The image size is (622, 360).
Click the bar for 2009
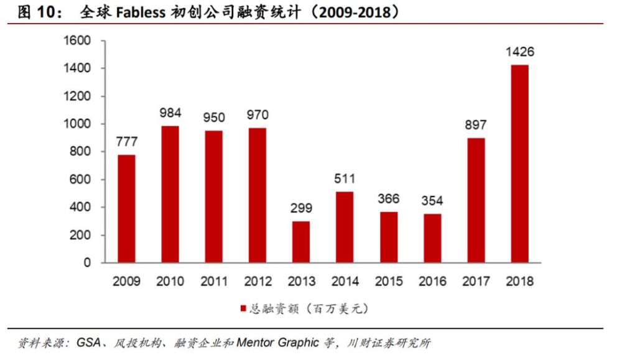coord(127,208)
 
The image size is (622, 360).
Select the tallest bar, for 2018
coord(519,164)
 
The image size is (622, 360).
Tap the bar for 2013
coord(301,242)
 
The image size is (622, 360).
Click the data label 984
coord(170,113)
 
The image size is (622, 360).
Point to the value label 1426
coord(519,52)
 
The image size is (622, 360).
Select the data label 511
coord(345,179)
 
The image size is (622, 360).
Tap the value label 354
coord(432,201)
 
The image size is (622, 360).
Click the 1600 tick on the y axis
coord(78,41)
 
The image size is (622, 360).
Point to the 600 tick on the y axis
coord(81,180)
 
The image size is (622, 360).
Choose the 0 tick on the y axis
coord(87,262)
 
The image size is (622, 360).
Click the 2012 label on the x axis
coord(258,282)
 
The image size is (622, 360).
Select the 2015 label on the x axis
coord(388,282)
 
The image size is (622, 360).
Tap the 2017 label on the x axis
coord(475,282)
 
